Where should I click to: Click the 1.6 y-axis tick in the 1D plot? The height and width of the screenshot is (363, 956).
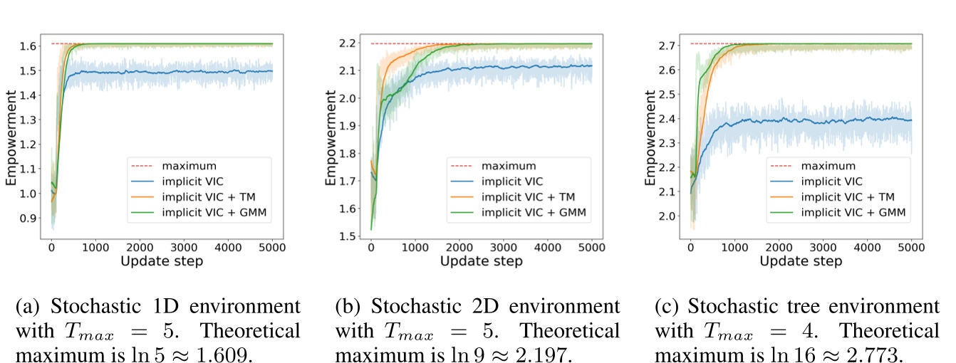30,46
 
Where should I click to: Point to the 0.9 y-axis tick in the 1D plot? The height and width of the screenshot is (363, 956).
30,219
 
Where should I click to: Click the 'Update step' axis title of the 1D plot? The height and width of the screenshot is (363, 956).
162,261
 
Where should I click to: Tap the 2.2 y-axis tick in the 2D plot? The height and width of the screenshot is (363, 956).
349,44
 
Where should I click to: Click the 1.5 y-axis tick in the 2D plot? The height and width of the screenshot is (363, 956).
349,236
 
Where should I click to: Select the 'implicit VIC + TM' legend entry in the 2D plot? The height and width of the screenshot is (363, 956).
524,196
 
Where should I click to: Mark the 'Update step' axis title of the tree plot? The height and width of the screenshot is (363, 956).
801,261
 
